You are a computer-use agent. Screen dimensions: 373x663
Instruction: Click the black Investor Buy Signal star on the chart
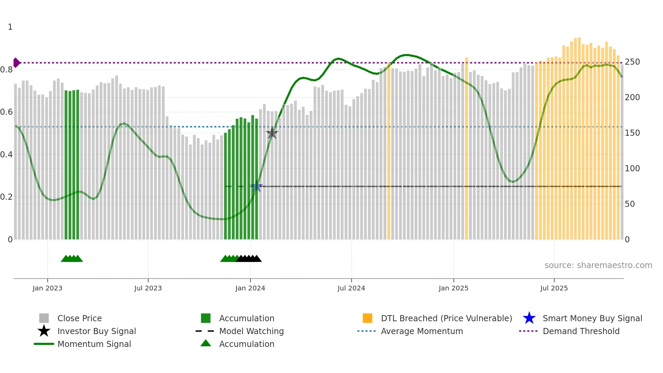(272, 133)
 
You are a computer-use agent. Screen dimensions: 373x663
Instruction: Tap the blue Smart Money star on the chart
(256, 186)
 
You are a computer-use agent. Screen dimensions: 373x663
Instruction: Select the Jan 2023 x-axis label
(47, 288)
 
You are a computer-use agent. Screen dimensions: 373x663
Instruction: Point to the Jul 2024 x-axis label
(351, 288)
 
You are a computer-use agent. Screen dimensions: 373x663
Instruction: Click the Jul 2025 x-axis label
(554, 288)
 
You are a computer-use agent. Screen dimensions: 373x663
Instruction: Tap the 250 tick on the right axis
(632, 62)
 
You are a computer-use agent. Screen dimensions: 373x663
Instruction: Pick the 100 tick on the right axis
(632, 169)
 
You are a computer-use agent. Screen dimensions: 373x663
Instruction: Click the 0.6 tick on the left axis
(6, 112)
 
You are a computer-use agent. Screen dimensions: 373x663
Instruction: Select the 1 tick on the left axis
(10, 27)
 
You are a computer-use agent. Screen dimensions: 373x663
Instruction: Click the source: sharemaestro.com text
(598, 265)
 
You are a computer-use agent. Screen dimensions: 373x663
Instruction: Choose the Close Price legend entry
(79, 318)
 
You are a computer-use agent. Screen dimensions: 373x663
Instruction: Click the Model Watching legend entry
(251, 331)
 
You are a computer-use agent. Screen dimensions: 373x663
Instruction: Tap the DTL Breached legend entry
(446, 318)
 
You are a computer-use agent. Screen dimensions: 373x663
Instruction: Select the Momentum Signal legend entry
(94, 344)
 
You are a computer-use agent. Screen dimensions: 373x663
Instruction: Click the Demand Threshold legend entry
(581, 331)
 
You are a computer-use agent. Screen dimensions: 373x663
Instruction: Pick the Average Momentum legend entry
(422, 331)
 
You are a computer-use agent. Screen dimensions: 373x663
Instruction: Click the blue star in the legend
(529, 318)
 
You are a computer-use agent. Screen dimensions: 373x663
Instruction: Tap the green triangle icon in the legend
(206, 344)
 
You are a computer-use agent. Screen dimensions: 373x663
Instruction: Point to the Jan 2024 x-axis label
(250, 288)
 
